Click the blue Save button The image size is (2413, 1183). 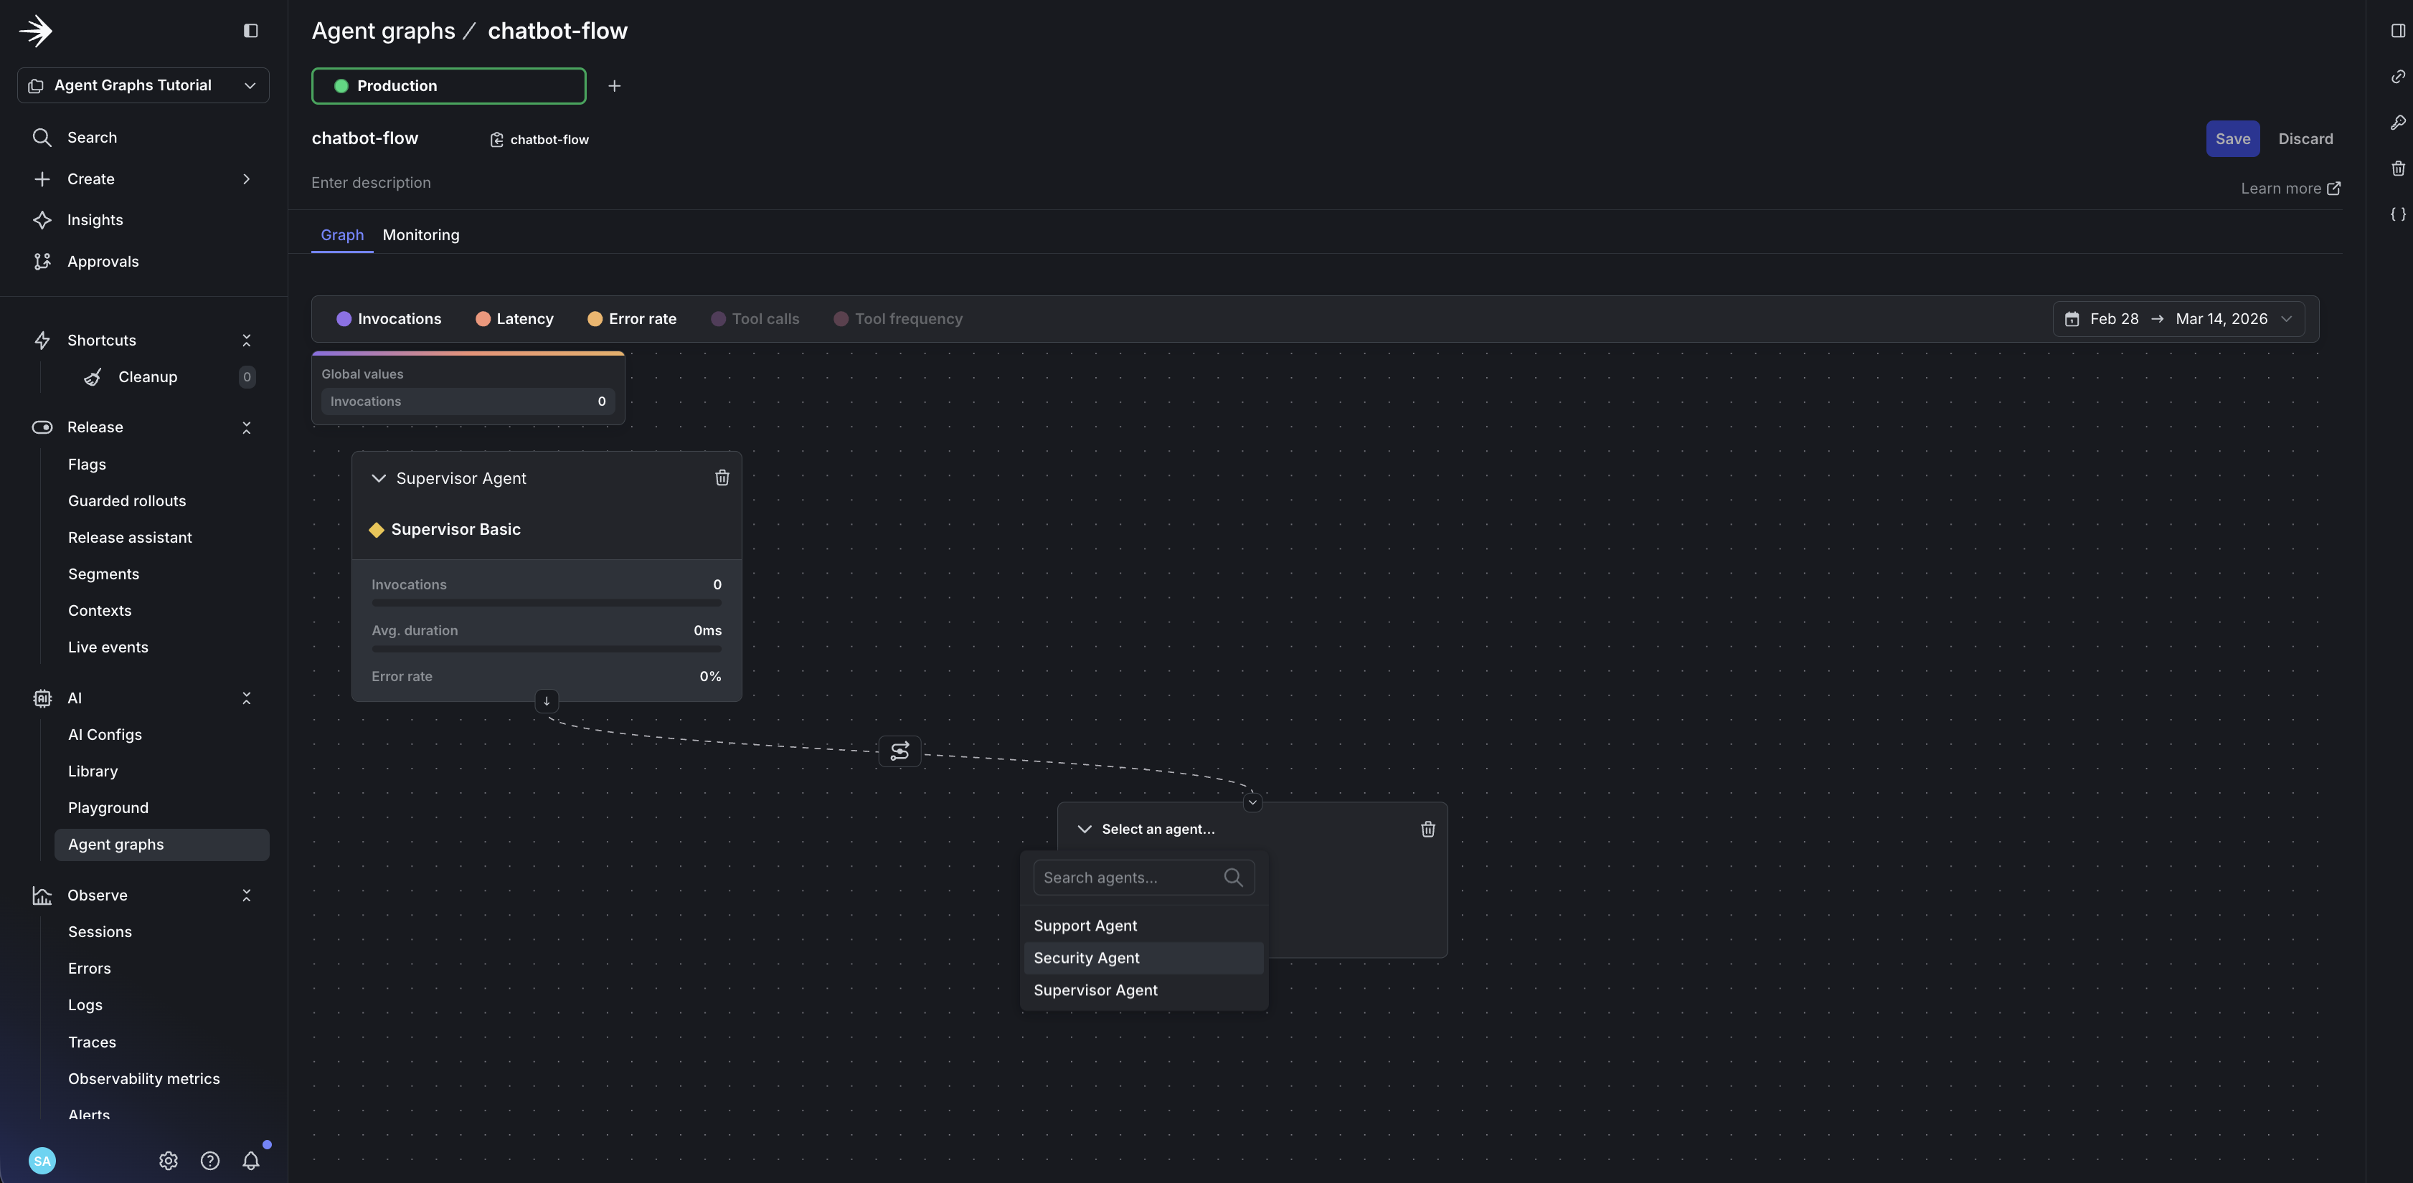(2232, 138)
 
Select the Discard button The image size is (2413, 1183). (2305, 138)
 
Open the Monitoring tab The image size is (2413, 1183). (420, 235)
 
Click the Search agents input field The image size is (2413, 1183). (1143, 878)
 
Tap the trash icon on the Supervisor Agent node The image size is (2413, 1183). (722, 478)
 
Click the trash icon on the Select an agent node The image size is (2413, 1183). (1427, 829)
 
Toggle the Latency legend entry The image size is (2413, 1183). (514, 319)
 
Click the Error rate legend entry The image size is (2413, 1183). (631, 319)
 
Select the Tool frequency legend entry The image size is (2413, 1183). (897, 319)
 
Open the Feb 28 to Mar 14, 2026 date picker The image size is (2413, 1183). (2178, 319)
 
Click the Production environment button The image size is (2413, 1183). (449, 86)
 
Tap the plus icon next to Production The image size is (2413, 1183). (615, 86)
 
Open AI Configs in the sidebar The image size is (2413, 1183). (105, 734)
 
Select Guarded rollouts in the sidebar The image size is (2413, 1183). (126, 501)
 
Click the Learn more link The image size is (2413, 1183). (2290, 189)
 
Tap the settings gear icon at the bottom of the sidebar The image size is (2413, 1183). (169, 1161)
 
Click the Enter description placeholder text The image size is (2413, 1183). (371, 183)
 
